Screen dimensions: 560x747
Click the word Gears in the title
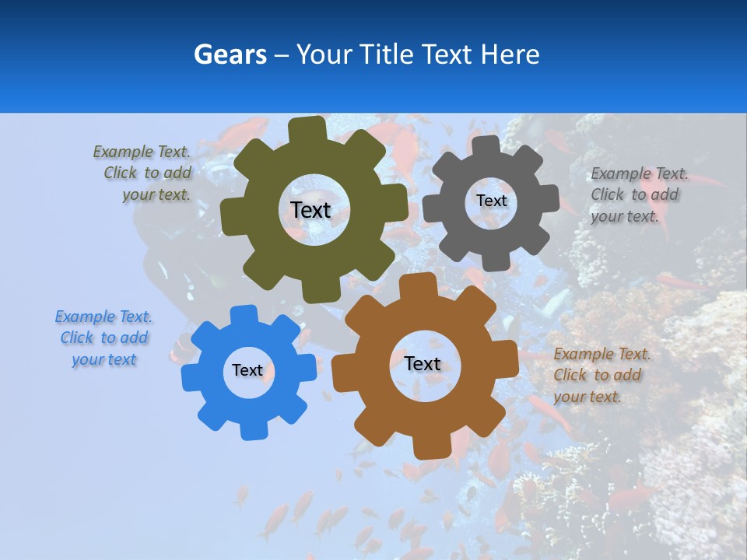230,54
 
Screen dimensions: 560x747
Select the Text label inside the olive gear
310,210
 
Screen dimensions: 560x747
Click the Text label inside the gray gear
491,201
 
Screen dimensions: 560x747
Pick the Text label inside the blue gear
247,370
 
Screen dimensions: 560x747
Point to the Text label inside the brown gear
423,363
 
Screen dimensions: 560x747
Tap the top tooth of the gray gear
486,147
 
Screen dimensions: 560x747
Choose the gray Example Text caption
638,194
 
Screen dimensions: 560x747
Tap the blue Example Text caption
104,338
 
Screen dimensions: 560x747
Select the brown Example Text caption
601,375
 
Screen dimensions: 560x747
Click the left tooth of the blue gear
191,378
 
